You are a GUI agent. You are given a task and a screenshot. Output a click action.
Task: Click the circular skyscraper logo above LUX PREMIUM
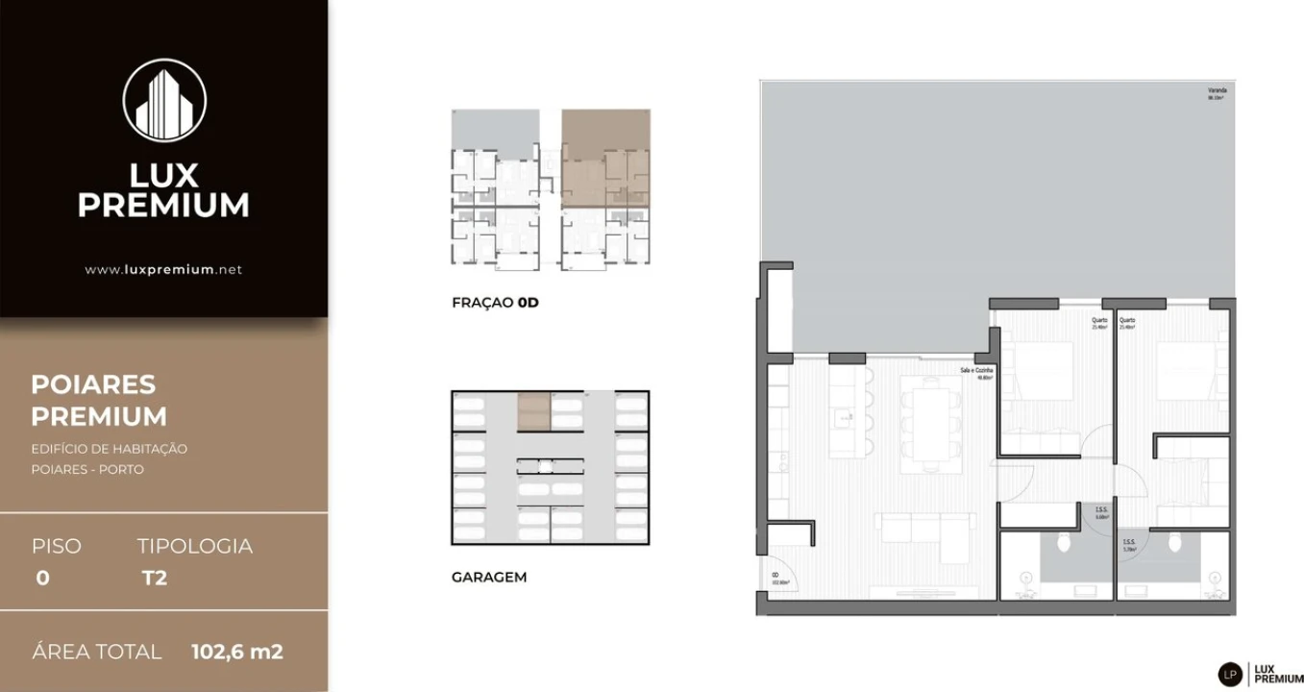164,100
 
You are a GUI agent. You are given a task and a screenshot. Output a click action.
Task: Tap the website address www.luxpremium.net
163,270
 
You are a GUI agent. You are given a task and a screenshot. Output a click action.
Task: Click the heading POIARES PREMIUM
99,400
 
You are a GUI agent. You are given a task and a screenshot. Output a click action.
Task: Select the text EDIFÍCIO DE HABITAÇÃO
109,449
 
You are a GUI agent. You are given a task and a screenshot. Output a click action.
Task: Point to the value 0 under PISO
42,579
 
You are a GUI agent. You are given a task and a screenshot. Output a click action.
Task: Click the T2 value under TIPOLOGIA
154,579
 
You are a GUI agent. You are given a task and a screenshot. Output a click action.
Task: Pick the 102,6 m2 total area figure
237,652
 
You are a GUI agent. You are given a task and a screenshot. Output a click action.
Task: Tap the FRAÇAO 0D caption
495,303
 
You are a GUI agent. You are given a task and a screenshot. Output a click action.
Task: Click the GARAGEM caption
489,578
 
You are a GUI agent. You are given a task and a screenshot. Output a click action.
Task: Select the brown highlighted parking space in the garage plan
533,410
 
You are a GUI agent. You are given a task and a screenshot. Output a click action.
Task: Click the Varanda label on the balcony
1218,91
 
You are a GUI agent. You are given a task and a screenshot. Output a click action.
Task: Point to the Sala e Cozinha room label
976,371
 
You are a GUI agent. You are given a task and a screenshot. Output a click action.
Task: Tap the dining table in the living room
930,423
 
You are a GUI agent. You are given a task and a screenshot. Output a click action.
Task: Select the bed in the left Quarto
1046,370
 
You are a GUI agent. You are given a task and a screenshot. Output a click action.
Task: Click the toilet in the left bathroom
1064,543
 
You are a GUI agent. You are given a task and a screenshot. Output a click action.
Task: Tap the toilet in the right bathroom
1174,543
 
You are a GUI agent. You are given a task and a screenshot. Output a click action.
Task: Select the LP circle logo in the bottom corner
1230,675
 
